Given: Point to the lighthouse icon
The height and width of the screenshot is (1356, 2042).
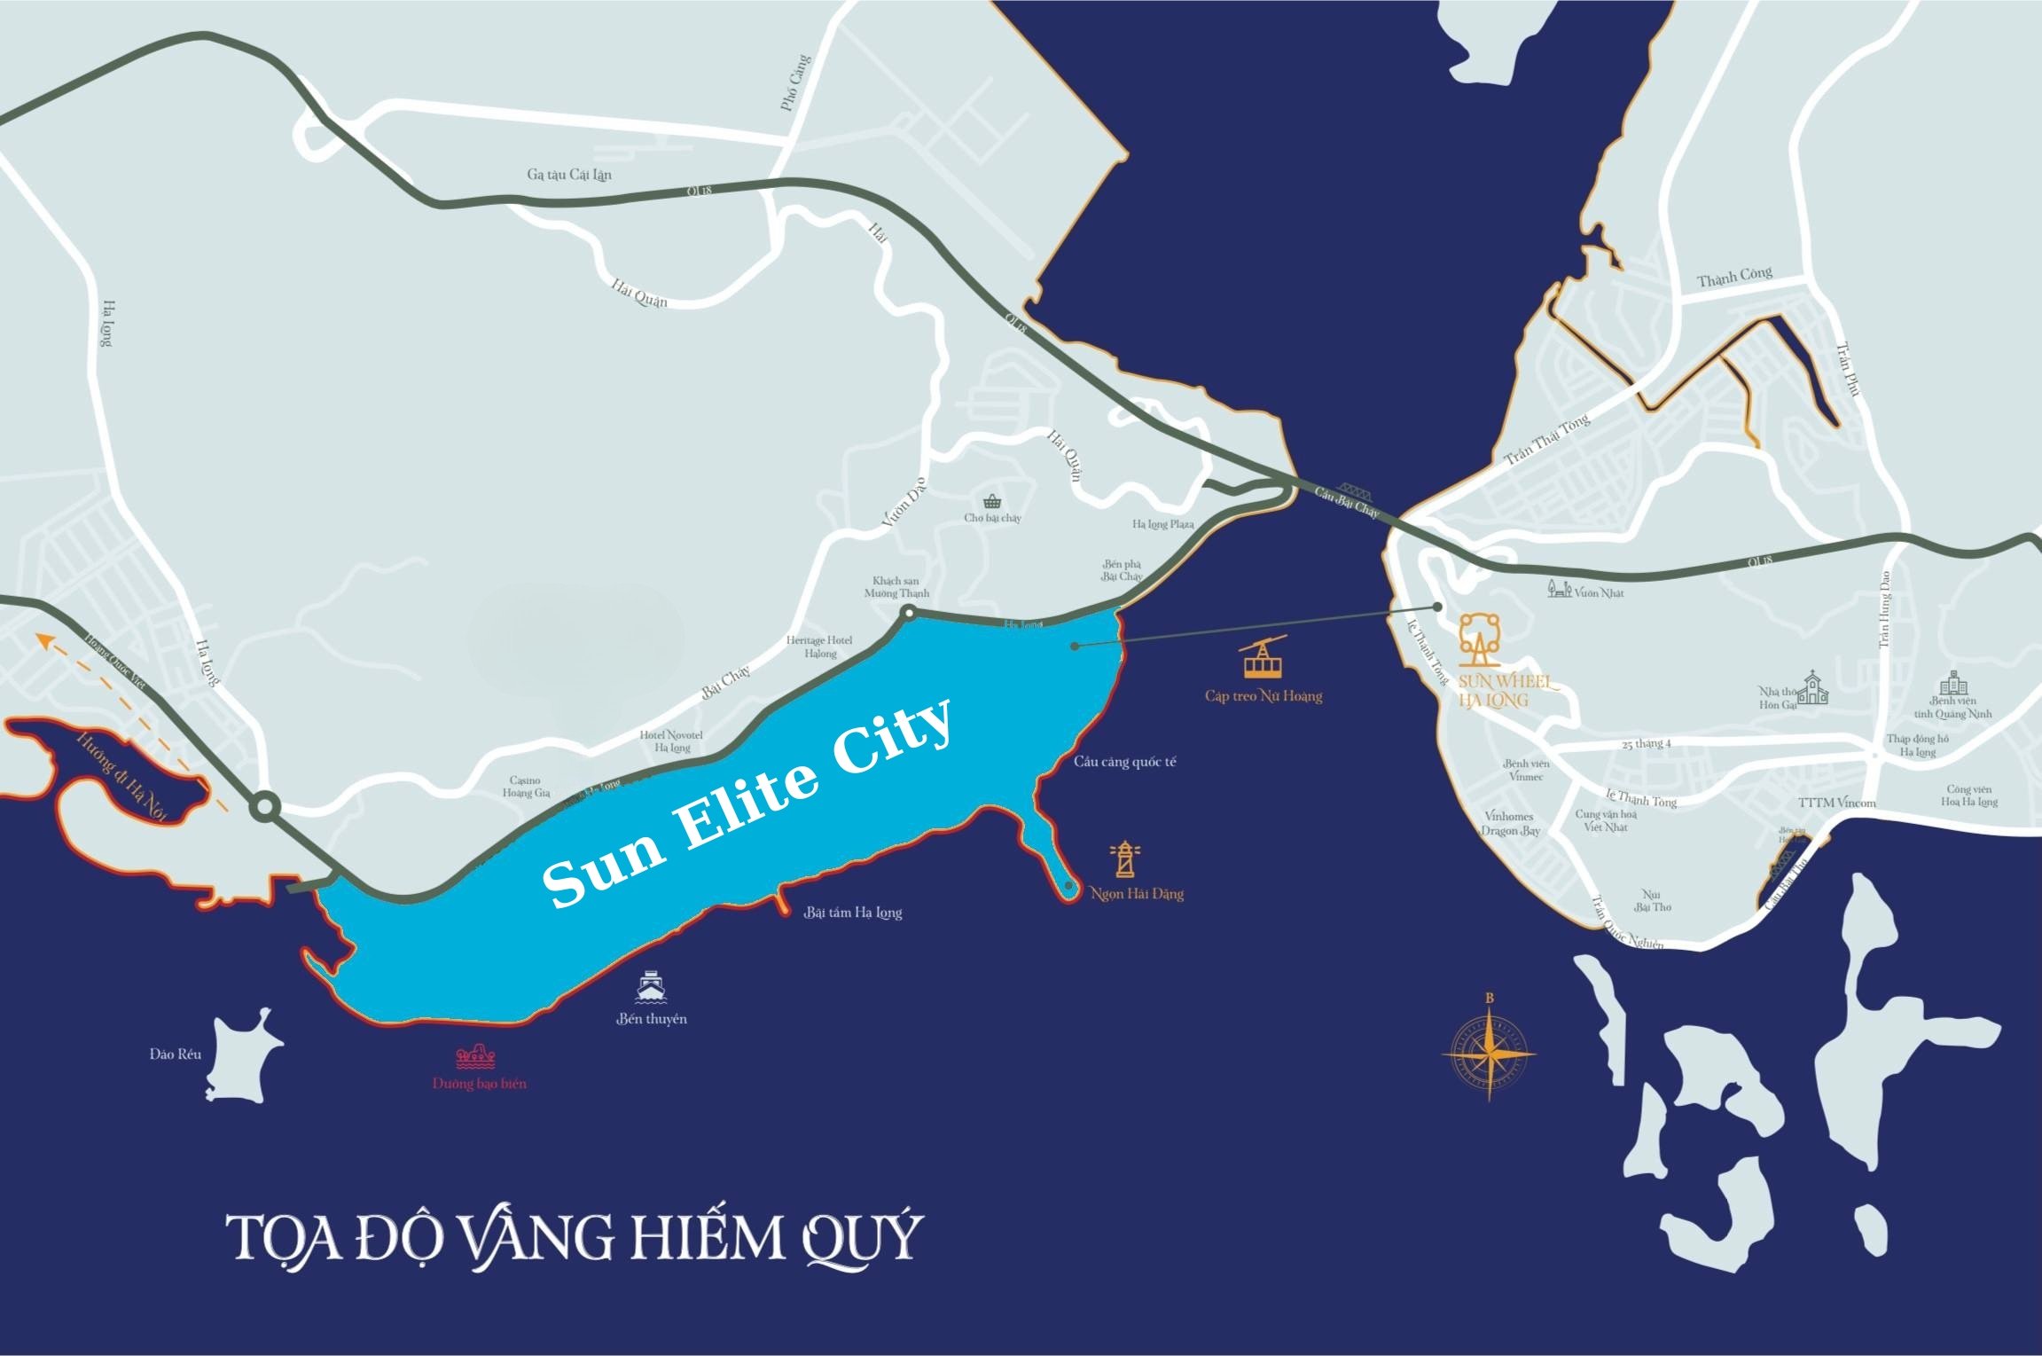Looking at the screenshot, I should (x=1124, y=858).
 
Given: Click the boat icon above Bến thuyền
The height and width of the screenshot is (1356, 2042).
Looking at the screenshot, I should (x=651, y=987).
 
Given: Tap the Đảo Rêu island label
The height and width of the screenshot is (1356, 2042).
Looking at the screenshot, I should (x=176, y=1054).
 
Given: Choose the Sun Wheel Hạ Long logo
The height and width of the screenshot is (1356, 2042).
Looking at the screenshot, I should (x=1480, y=639).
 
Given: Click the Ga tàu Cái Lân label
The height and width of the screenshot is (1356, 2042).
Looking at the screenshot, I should (x=569, y=175).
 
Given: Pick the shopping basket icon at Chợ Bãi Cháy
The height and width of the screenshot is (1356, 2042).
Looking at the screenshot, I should (x=992, y=501).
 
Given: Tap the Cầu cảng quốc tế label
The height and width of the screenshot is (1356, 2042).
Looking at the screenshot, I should (x=1124, y=762).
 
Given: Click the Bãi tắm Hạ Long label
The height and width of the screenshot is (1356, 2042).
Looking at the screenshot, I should (x=853, y=913).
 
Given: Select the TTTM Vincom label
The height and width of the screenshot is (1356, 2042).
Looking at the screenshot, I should (x=1836, y=803).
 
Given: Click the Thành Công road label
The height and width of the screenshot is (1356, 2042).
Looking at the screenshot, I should (x=1734, y=278).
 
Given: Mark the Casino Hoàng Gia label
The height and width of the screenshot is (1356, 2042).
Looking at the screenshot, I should (x=526, y=787).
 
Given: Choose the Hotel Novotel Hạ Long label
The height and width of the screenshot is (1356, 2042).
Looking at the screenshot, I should (x=671, y=741).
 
